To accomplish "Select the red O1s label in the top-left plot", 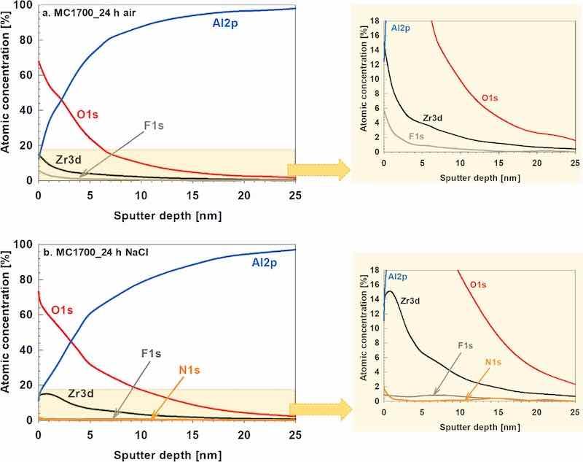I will tap(92, 114).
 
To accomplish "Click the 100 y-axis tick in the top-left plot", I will tap(24, 6).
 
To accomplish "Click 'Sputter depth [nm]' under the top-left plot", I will tap(166, 216).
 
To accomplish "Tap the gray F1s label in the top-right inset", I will tap(416, 136).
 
